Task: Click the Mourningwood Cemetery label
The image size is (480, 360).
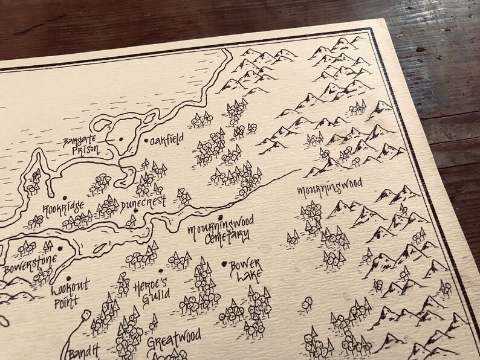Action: click(218, 233)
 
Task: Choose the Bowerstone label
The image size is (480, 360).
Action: click(30, 262)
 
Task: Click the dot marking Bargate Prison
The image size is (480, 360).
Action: click(121, 140)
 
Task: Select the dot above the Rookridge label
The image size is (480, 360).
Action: click(65, 197)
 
